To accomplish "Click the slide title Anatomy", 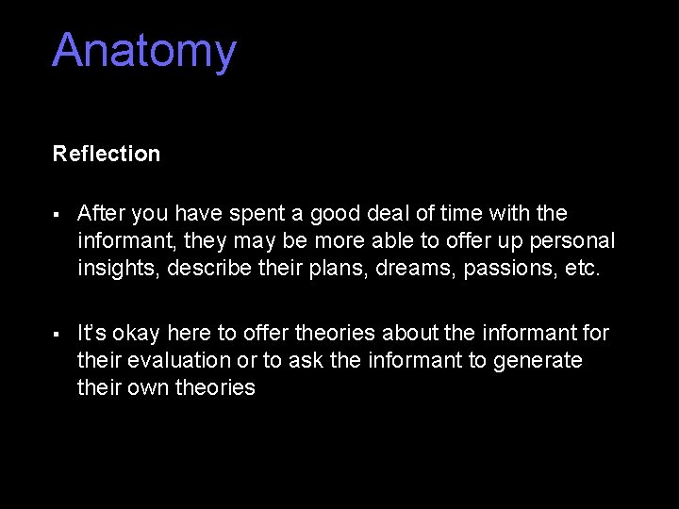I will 144,52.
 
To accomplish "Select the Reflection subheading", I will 107,154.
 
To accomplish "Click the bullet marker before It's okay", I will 58,335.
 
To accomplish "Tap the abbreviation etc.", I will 583,268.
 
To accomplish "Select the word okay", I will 142,334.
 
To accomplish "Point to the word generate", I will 538,361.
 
